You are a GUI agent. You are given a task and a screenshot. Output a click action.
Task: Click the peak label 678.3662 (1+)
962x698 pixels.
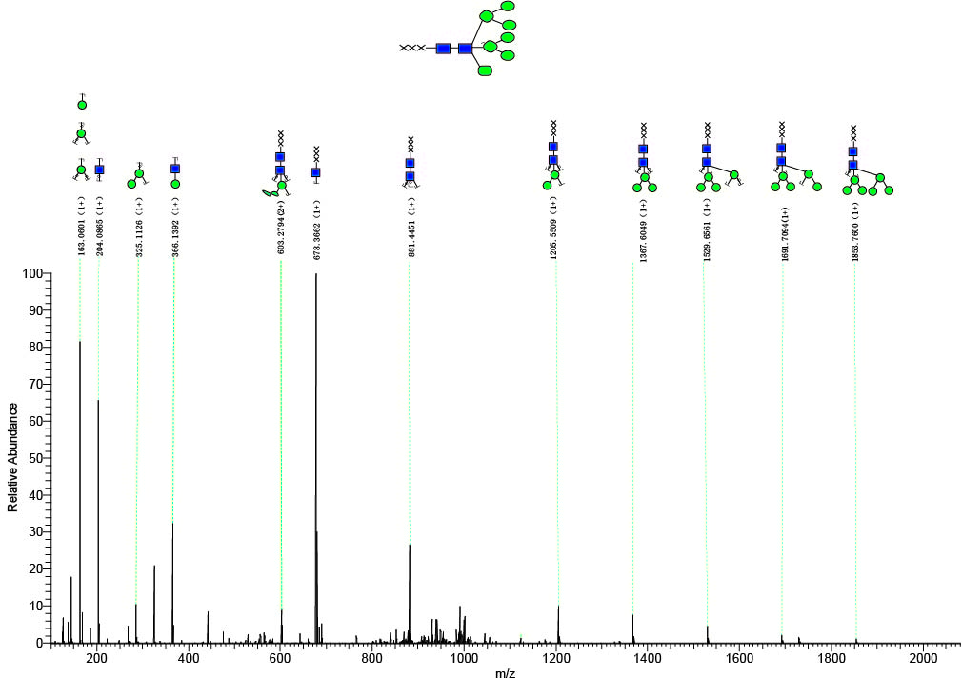tap(316, 229)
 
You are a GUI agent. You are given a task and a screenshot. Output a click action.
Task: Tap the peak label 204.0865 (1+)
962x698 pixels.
tap(99, 229)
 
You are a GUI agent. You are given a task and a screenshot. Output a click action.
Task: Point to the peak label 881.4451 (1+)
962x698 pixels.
tap(411, 229)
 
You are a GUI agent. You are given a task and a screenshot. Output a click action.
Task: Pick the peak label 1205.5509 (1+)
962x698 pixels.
tap(554, 229)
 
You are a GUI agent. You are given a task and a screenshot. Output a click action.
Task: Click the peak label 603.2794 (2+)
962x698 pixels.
tap(281, 229)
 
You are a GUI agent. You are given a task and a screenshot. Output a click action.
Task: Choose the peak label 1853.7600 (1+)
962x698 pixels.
tap(854, 229)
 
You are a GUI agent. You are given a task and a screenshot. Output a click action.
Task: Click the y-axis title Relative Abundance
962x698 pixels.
tap(13, 457)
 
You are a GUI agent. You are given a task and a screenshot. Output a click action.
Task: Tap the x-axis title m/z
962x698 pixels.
tap(505, 674)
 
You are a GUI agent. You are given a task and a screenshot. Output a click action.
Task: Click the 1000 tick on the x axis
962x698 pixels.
tap(464, 658)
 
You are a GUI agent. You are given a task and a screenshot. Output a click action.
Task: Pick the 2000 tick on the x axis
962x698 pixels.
tap(923, 658)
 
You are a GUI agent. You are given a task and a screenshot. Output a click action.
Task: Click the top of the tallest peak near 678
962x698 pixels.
tap(316, 274)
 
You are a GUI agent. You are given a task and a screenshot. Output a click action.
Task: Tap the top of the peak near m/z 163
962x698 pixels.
tap(80, 342)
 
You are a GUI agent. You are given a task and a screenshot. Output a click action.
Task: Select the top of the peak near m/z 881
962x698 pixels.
tap(410, 545)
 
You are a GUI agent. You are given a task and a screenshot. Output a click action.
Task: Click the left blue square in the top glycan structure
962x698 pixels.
tap(443, 48)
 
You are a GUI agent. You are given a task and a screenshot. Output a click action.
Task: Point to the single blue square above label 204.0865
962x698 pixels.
tap(99, 170)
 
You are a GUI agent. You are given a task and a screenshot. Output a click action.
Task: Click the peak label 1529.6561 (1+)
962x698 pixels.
tap(708, 229)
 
